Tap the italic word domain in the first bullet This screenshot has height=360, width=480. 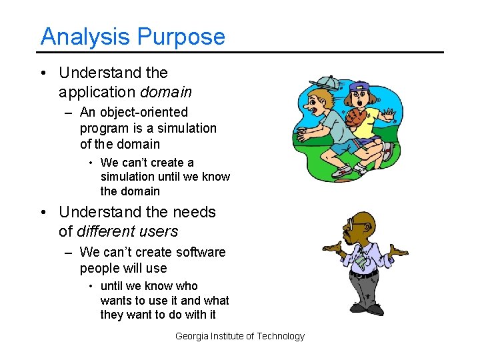166,92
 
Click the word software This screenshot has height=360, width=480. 198,252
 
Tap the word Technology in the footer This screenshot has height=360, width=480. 281,336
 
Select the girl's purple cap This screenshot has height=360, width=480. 358,87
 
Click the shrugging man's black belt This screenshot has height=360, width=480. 364,273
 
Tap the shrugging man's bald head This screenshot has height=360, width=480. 364,219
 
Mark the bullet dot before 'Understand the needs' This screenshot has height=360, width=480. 44,213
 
